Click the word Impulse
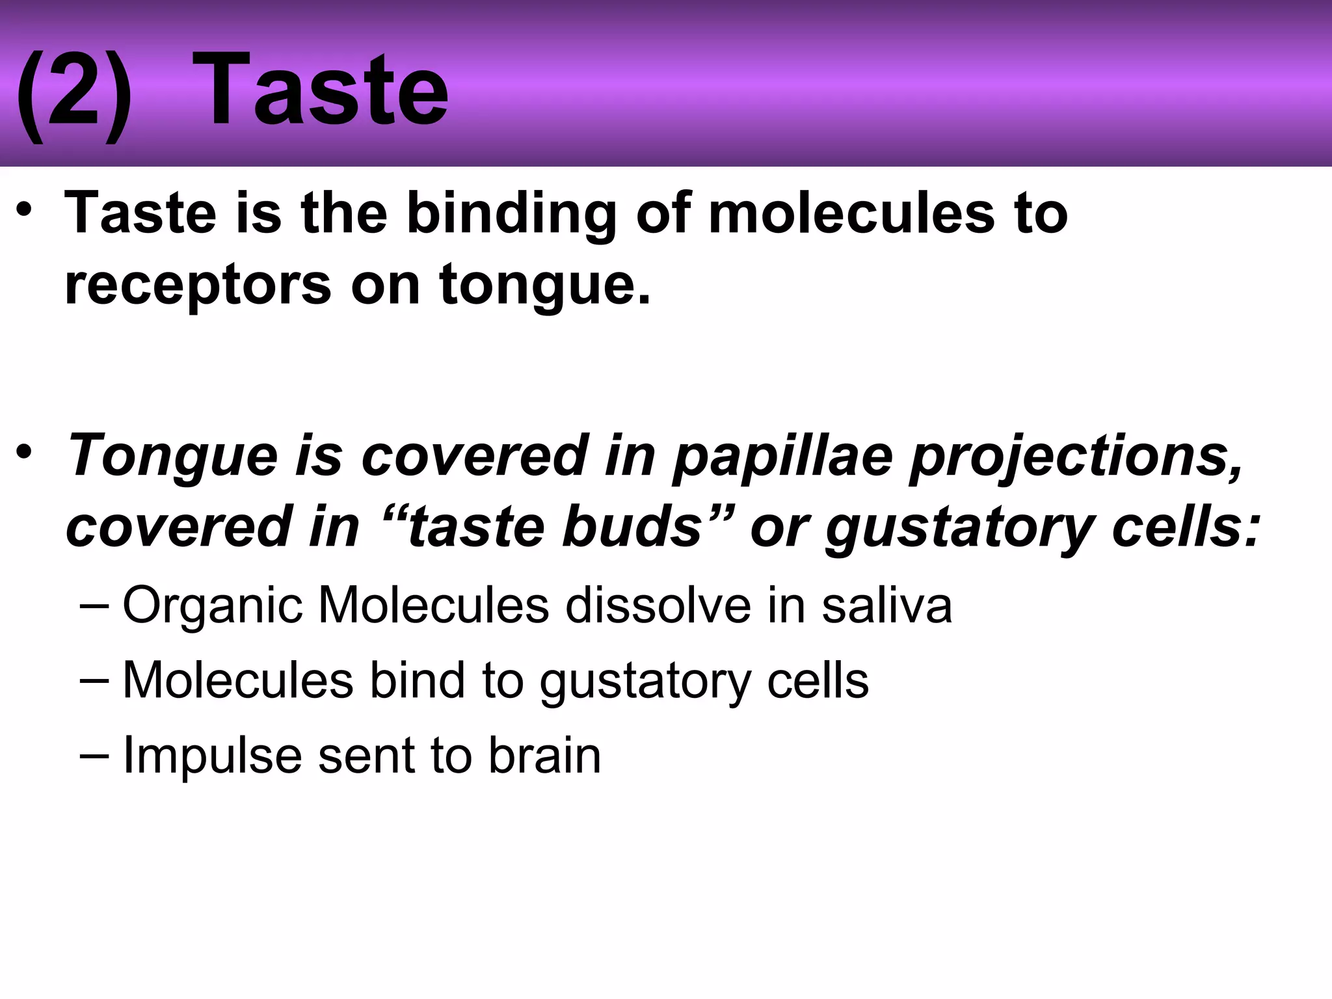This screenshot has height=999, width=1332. pos(212,756)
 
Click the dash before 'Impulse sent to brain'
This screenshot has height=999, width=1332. pos(94,756)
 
